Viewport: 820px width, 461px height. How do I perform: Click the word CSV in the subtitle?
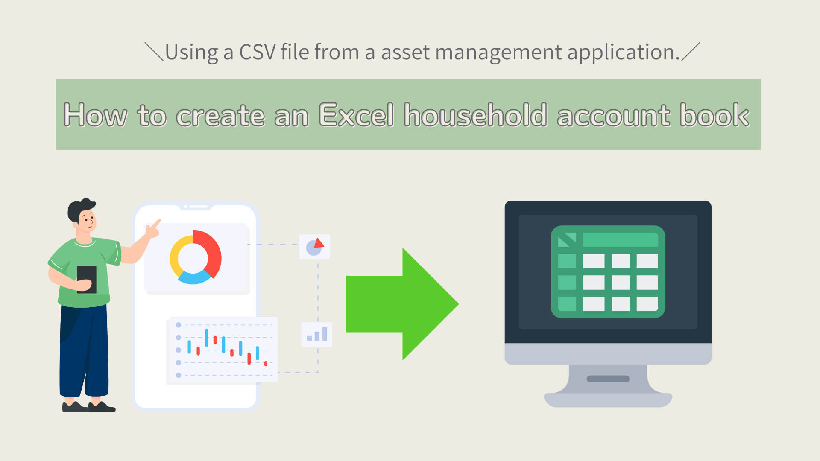tap(258, 52)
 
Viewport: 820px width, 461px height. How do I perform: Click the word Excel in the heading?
tap(356, 115)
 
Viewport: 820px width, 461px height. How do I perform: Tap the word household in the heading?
tap(475, 115)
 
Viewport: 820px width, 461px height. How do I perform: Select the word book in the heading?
tap(715, 115)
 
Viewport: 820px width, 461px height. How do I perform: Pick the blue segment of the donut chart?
tap(194, 277)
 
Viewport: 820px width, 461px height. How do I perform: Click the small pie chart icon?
tap(315, 247)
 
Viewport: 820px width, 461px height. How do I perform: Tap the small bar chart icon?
tap(317, 334)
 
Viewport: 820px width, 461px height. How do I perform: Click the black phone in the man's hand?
tap(87, 280)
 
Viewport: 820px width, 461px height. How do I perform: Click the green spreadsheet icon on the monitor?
tap(608, 272)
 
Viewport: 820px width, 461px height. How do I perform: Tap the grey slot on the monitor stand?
tap(608, 379)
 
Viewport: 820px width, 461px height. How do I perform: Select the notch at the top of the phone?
tap(196, 207)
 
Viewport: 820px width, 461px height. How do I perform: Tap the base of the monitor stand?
tap(608, 400)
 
